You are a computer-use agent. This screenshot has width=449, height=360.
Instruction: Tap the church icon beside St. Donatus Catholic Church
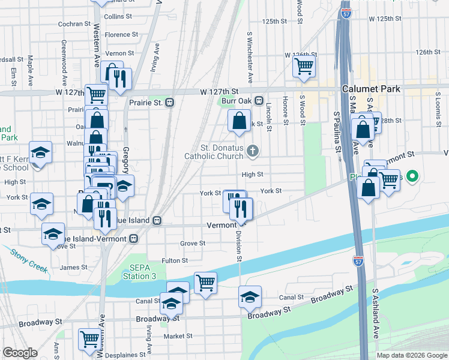point(253,151)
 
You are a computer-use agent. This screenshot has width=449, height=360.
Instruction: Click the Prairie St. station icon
point(170,102)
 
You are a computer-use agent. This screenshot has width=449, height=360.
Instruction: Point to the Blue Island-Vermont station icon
point(134,238)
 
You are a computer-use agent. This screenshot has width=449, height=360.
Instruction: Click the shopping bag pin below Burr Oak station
point(239,121)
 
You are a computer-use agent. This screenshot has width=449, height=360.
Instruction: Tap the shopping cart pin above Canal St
point(205,283)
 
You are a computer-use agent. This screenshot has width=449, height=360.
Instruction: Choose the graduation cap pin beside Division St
point(250,296)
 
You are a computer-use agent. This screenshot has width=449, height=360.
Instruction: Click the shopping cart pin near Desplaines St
point(89,339)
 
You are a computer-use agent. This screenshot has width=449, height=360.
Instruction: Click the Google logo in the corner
point(20,352)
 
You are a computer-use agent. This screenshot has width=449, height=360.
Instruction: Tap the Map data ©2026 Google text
point(412,355)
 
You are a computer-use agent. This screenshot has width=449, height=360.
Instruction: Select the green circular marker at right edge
point(412,177)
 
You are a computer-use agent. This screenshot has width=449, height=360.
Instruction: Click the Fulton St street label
point(175,261)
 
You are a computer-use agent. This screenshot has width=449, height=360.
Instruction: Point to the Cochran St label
point(74,24)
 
